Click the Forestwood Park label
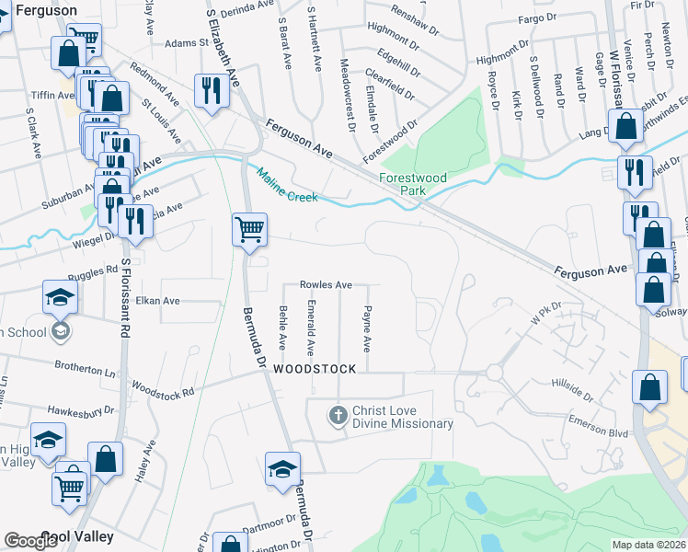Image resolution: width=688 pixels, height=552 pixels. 412,184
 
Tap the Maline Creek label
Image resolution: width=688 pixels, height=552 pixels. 287,184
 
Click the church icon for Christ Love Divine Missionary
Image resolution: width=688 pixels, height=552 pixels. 338,416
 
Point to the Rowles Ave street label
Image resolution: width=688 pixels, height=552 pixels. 326,285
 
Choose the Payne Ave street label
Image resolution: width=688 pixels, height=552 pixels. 366,329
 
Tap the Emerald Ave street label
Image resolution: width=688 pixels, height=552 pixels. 311,328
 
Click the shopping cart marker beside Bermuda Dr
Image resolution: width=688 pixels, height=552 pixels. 249,229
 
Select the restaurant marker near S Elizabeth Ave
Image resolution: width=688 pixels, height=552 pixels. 212,90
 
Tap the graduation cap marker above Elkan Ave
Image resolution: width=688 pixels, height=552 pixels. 60,296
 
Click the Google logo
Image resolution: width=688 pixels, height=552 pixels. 30,540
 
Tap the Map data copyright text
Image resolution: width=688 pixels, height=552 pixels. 648,545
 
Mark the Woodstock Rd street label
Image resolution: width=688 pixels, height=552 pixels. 163,390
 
